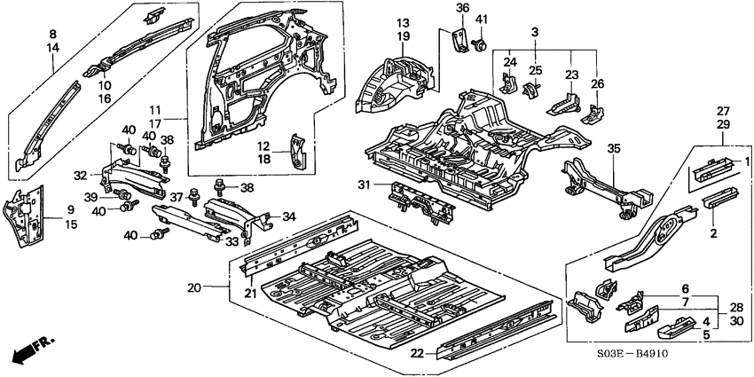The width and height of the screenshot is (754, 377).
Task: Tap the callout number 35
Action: pyautogui.click(x=614, y=150)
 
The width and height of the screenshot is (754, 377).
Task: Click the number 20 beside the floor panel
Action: pyautogui.click(x=194, y=287)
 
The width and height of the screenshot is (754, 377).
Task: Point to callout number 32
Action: pyautogui.click(x=80, y=176)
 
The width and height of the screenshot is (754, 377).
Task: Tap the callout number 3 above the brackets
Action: pyautogui.click(x=534, y=32)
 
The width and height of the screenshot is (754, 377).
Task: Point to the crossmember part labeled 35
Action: pyautogui.click(x=603, y=187)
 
